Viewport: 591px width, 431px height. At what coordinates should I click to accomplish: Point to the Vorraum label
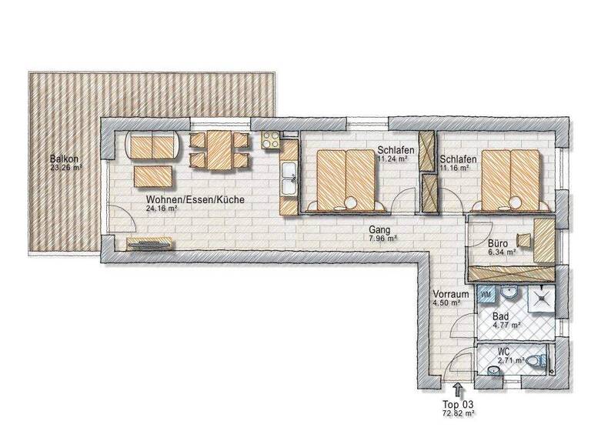(x=450, y=295)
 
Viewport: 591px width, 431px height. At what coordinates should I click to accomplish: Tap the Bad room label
(x=500, y=316)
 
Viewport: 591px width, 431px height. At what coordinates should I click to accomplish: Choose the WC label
(x=504, y=351)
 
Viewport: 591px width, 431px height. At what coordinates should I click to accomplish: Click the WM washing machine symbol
(x=486, y=293)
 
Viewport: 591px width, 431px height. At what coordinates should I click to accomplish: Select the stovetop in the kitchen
(x=272, y=139)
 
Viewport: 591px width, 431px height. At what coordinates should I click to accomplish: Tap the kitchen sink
(x=289, y=183)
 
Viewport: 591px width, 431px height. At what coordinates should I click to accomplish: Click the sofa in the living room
(x=154, y=145)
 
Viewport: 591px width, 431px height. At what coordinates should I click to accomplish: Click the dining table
(x=219, y=151)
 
